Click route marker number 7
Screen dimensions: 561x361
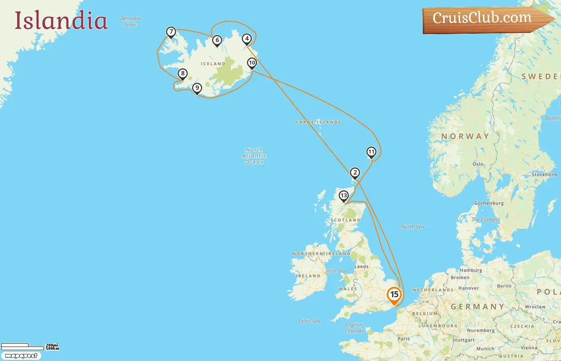click(171, 32)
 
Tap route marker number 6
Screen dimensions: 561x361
click(217, 41)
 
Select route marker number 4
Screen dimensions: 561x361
click(247, 39)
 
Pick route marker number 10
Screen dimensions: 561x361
click(252, 63)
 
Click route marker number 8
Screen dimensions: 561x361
click(183, 74)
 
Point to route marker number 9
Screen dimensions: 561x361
click(197, 88)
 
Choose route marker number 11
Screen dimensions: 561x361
click(371, 152)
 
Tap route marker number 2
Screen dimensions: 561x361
click(355, 173)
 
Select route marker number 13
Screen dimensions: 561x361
click(344, 196)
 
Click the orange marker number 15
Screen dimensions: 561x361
click(394, 295)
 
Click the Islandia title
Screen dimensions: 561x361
click(61, 20)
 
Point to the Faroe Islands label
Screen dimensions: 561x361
click(319, 122)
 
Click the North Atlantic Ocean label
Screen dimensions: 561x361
click(254, 156)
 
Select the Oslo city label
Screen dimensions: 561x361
click(478, 164)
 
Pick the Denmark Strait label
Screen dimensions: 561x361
click(130, 22)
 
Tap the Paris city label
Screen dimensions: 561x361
click(404, 339)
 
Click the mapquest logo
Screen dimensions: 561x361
click(21, 356)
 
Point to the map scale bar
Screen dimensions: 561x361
click(22, 347)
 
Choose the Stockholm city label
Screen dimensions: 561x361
click(545, 174)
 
